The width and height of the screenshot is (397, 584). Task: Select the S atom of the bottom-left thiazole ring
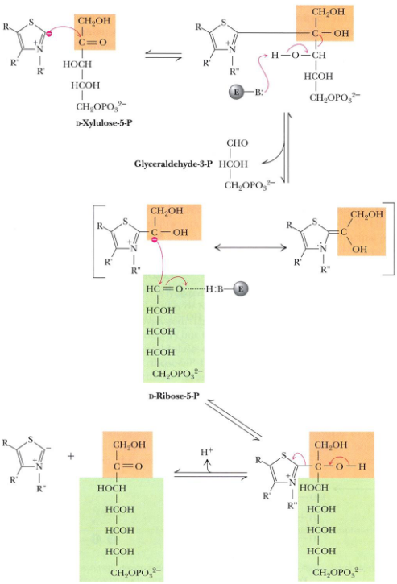point(30,441)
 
